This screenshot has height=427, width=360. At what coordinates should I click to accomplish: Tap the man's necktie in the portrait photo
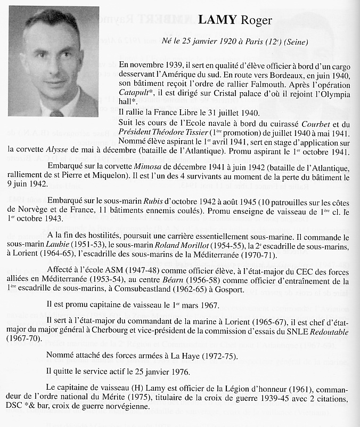point(56,113)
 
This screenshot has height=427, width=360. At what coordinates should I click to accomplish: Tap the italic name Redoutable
point(326,332)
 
